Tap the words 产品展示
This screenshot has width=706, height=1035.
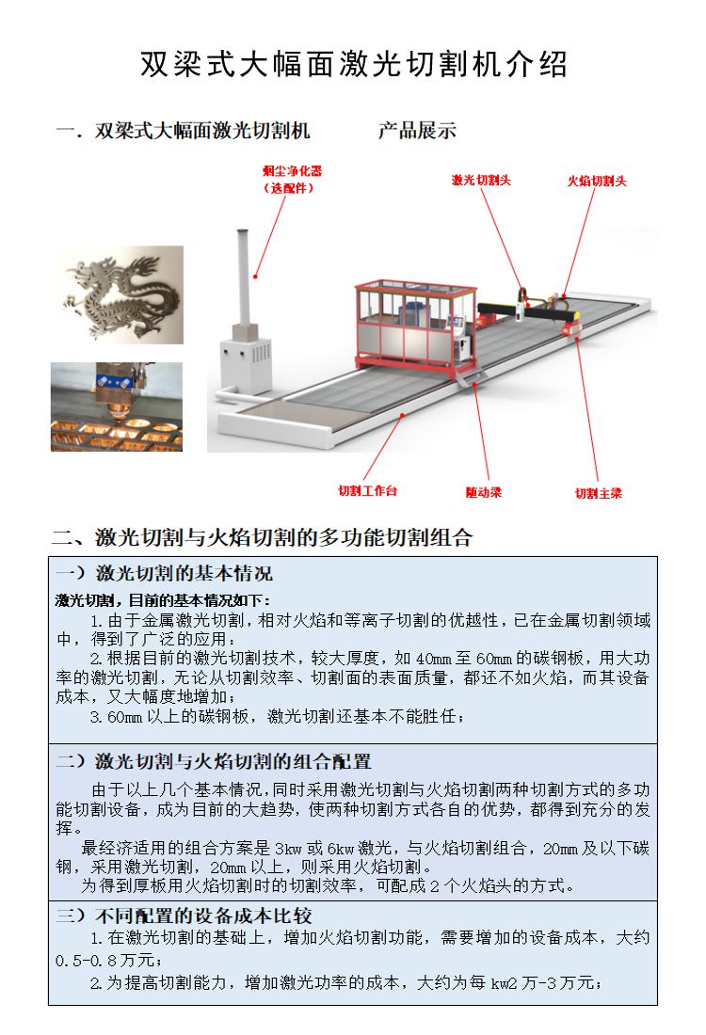417,131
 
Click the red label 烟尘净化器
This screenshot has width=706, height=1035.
291,172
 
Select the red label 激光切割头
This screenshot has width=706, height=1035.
481,180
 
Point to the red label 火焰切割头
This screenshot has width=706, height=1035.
596,181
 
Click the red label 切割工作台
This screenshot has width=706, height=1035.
368,491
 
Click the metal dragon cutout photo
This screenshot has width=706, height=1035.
117,293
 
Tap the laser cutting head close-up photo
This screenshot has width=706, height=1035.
117,406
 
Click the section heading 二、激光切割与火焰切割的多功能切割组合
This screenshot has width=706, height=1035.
262,538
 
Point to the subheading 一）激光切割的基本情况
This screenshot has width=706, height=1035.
164,573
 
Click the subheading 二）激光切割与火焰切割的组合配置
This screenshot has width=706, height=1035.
214,760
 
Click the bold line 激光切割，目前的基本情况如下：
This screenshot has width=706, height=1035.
162,600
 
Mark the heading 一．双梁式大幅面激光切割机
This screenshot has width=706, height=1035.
183,131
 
